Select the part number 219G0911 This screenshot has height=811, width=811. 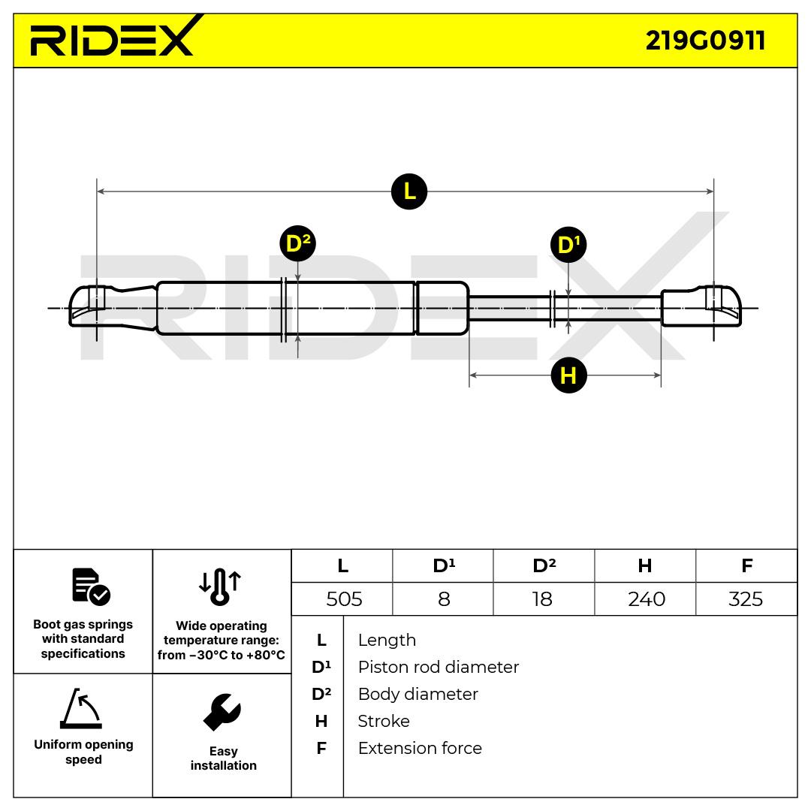(x=705, y=40)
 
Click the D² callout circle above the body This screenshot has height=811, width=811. (x=297, y=243)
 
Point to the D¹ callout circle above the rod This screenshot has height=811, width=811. (x=568, y=245)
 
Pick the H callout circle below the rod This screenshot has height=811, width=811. (x=568, y=375)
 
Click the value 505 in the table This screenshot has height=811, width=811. (x=344, y=598)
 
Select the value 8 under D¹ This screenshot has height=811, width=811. (x=444, y=598)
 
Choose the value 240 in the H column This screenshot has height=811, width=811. (x=646, y=598)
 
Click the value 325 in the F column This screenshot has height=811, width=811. (x=746, y=598)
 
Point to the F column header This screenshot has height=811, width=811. (x=746, y=565)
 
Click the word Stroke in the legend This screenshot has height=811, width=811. (x=384, y=721)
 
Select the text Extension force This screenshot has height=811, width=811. (x=420, y=748)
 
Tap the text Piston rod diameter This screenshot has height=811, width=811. (x=438, y=667)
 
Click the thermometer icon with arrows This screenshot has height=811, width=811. (x=220, y=586)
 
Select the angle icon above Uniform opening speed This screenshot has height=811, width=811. (x=81, y=709)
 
